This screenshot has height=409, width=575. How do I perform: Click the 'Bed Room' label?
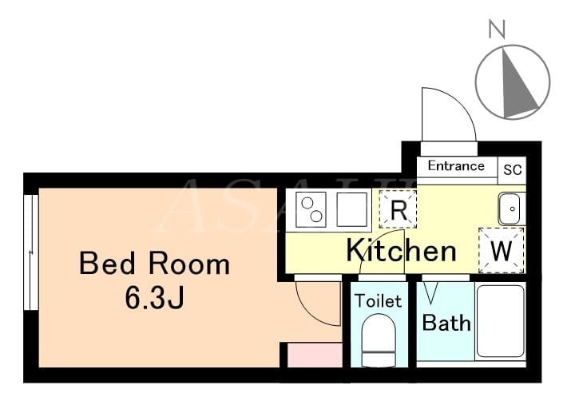coord(154,264)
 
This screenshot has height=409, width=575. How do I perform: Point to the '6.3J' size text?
coord(154,297)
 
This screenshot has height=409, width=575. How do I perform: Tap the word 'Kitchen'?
coord(401,250)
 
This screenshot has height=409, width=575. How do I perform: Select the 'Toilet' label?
coord(379,301)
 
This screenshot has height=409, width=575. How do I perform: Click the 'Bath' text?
coord(446,323)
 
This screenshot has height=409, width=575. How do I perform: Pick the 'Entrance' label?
coord(456,166)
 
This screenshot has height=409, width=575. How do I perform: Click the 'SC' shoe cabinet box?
coord(512,170)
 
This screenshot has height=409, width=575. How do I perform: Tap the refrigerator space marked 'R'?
coord(399,209)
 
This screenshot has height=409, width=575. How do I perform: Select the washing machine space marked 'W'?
coord(502,250)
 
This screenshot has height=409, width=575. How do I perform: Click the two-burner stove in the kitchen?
coord(311,209)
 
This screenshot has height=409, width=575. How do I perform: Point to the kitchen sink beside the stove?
coord(351,209)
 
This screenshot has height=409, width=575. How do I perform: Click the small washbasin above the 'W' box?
coord(509,208)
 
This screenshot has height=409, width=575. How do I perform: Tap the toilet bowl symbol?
coord(379,340)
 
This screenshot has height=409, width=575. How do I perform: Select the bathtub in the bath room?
coord(501,321)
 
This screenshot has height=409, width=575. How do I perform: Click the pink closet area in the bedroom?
coord(315,355)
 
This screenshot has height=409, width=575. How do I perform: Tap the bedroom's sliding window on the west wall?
coord(31,252)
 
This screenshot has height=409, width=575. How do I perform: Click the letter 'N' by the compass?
coord(497,29)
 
